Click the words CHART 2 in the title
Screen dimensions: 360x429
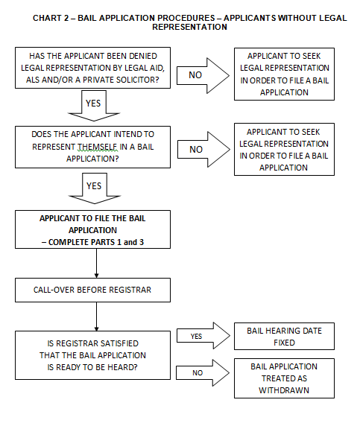tap(51, 18)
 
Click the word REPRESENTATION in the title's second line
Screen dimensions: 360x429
tap(190, 27)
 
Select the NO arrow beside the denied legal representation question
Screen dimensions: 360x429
tap(203, 75)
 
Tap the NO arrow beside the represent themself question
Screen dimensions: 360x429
tap(203, 150)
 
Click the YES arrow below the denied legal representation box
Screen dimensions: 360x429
tap(94, 106)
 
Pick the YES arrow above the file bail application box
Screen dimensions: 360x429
tap(95, 188)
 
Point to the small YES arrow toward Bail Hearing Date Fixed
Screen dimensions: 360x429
tap(203, 336)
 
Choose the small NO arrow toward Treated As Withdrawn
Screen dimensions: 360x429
tap(203, 372)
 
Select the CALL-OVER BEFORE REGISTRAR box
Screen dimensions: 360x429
tap(93, 290)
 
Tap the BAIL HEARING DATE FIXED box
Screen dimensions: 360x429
tap(284, 336)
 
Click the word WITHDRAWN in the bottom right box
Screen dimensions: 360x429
tap(284, 390)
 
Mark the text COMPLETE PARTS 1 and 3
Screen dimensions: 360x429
tap(96, 242)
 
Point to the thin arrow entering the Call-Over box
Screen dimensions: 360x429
tap(96, 264)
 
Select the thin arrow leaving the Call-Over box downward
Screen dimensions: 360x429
tap(96, 317)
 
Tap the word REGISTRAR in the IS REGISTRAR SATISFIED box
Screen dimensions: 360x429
tap(75, 343)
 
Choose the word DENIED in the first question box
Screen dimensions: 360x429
tap(143, 56)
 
